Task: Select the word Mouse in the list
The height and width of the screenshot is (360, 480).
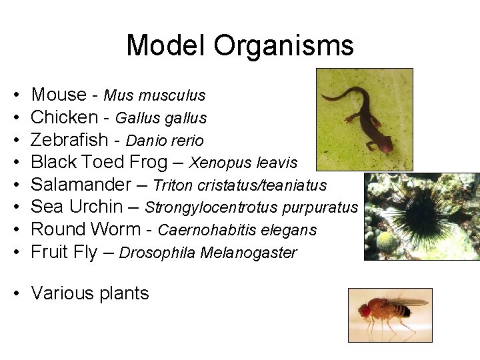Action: (x=59, y=95)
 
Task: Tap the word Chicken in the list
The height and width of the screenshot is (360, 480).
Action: (x=65, y=117)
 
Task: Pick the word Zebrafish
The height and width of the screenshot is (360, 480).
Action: (x=69, y=140)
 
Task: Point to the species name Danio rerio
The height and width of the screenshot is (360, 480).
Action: (x=165, y=141)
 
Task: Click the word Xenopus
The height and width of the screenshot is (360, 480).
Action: (x=217, y=163)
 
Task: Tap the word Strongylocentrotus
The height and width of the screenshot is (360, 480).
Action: (x=211, y=207)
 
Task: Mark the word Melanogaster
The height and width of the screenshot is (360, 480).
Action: (x=263, y=253)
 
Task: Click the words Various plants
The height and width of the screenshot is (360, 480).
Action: (x=90, y=293)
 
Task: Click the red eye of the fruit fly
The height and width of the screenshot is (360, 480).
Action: (x=365, y=311)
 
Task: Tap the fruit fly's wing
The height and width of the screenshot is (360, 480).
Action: (x=408, y=303)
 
